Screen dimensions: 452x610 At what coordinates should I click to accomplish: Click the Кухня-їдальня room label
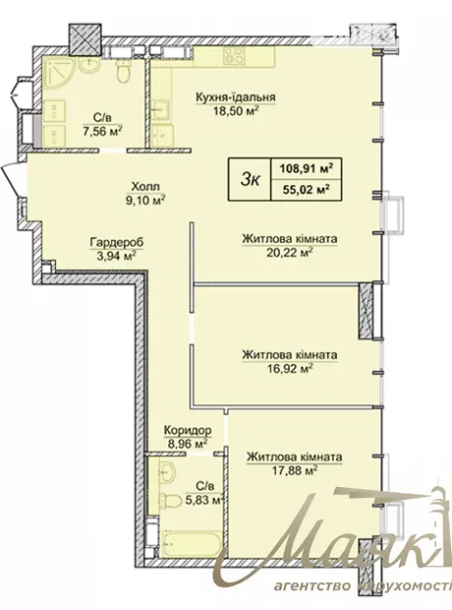pos(236,96)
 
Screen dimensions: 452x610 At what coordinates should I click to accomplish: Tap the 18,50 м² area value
pos(236,111)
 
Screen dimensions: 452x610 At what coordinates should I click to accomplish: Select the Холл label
pos(143,186)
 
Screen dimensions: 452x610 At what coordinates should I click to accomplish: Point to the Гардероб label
pos(117,242)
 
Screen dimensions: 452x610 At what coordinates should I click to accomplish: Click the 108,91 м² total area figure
pos(307,169)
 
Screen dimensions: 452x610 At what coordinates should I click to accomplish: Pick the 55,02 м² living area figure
pos(306,190)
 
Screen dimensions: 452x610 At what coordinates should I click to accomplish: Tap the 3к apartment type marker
pos(250,179)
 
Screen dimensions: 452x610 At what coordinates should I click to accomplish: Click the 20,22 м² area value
pos(290,253)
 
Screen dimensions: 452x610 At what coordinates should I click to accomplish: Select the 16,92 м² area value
pos(290,368)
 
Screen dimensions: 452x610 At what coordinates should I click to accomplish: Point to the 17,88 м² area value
pos(295,470)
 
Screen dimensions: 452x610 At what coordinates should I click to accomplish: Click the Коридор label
pos(188,430)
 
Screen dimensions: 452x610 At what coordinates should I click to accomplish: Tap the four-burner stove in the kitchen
pos(234,56)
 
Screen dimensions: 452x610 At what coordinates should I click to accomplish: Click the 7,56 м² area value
pos(103,131)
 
